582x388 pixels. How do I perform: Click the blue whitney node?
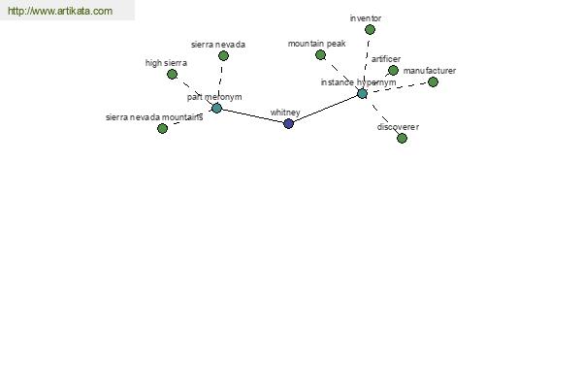(x=288, y=123)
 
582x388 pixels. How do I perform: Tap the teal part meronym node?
(x=216, y=108)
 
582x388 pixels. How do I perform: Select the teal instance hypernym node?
(x=362, y=93)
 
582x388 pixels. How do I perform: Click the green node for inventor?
(x=370, y=30)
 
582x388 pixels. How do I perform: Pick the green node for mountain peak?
(x=320, y=55)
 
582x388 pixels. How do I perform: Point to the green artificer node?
(x=393, y=70)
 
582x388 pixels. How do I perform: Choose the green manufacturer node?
(x=433, y=82)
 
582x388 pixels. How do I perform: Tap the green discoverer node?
(x=402, y=138)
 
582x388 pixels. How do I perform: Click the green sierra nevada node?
(x=223, y=55)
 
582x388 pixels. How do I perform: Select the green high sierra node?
(x=172, y=75)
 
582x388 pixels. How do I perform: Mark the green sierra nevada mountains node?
(x=162, y=128)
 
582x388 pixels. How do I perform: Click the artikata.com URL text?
(x=60, y=11)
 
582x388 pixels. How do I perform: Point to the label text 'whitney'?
(x=285, y=113)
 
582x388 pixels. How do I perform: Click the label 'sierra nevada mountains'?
(x=154, y=117)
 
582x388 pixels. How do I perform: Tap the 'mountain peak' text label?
(x=316, y=44)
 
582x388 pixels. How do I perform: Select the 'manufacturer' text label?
(x=430, y=71)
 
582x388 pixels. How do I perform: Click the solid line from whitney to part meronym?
(x=252, y=115)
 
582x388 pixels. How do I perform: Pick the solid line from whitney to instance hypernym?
(x=325, y=109)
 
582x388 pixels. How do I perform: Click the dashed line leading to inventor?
(x=367, y=62)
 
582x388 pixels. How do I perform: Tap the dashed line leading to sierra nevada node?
(x=220, y=81)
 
